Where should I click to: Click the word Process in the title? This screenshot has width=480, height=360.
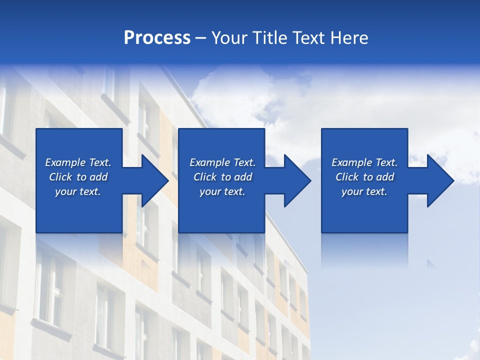pos(157,38)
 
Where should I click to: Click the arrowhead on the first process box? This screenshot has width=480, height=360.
pos(150,180)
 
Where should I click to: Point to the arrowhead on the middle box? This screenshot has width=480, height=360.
pos(293,180)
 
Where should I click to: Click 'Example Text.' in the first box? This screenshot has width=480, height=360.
pos(78,162)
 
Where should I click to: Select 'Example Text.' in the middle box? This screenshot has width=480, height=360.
pos(222,162)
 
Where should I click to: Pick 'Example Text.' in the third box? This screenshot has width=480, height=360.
pos(364,162)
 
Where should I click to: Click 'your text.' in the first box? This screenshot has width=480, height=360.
pos(78,191)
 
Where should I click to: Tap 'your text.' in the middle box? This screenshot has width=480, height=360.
pos(222,191)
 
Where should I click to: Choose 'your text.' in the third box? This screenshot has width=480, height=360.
pos(364,191)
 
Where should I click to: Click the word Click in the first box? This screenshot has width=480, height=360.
pos(60,177)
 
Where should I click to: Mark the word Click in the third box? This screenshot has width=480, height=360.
pos(347,177)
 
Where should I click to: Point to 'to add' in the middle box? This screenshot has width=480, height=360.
pos(236,177)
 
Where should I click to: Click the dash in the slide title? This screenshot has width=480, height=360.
pos(201,38)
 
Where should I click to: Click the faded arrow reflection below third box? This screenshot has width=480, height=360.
pos(431,263)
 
